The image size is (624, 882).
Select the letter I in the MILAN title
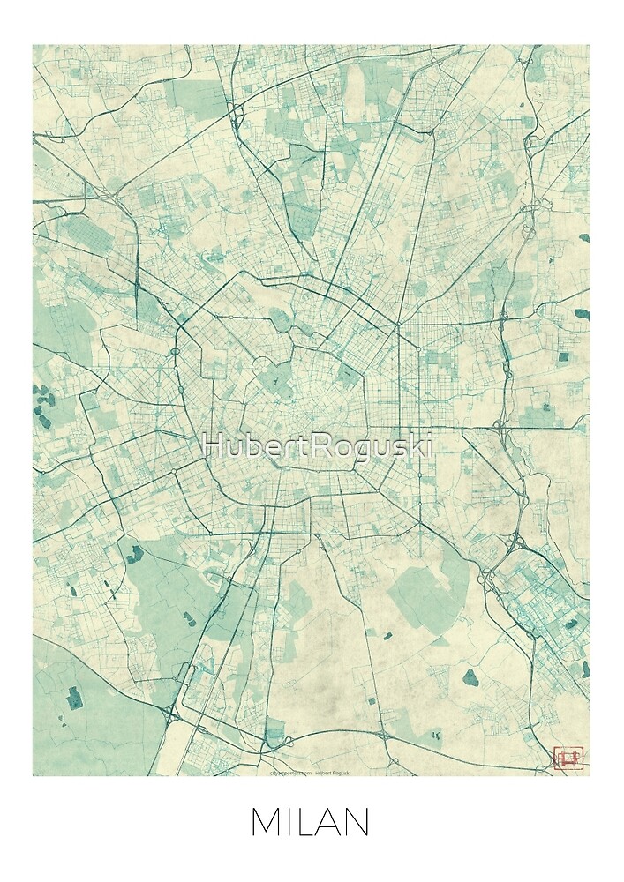290,823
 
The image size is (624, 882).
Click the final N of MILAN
357,823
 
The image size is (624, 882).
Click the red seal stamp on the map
565,757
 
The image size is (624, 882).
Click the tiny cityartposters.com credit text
290,770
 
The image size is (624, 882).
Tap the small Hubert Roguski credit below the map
334,770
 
